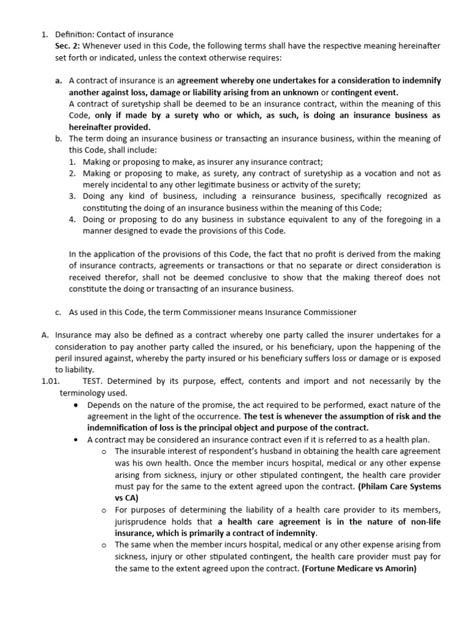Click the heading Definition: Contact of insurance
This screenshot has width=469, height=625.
click(x=114, y=34)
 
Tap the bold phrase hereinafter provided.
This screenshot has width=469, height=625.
click(x=109, y=127)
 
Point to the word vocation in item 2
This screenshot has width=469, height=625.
click(x=365, y=173)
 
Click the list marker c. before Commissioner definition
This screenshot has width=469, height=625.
click(x=58, y=312)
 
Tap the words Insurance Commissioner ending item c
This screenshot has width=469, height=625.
click(x=311, y=312)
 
